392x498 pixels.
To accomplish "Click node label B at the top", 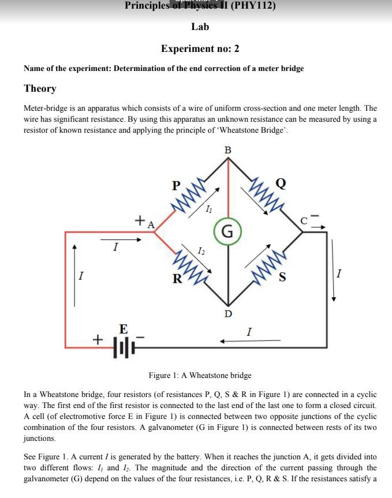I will coord(227,150).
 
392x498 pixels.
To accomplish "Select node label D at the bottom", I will coord(228,314).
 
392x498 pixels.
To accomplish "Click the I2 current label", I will coord(200,251).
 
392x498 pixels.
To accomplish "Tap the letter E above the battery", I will coord(123,329).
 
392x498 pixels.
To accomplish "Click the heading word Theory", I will coord(40,88).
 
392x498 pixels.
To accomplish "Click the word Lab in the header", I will coord(200,27).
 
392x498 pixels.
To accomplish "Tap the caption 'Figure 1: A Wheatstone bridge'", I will coord(200,375).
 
